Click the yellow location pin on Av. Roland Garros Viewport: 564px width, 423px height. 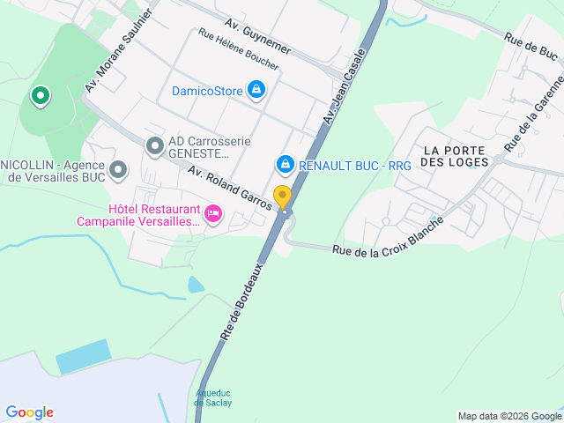(x=282, y=197)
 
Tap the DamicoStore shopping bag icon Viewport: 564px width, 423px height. (x=256, y=90)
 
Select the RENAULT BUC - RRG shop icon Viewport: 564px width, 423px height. (x=285, y=165)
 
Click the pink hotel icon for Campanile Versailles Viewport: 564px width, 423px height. (x=212, y=213)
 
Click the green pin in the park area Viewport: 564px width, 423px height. (x=40, y=96)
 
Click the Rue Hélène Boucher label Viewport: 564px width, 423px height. (x=239, y=50)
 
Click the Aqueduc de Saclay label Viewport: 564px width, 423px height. (x=212, y=397)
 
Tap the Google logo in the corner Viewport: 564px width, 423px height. (x=29, y=412)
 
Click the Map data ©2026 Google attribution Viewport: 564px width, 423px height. (x=509, y=416)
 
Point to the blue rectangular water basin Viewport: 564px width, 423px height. (x=84, y=356)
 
